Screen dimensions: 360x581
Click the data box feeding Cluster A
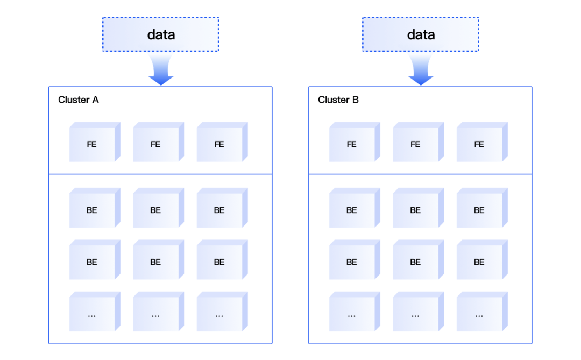point(161,34)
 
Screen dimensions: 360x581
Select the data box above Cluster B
point(421,34)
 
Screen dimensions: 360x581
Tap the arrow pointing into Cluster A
point(161,70)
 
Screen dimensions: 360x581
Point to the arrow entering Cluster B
point(421,70)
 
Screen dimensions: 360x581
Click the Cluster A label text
point(79,100)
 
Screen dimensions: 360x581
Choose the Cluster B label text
point(338,100)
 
